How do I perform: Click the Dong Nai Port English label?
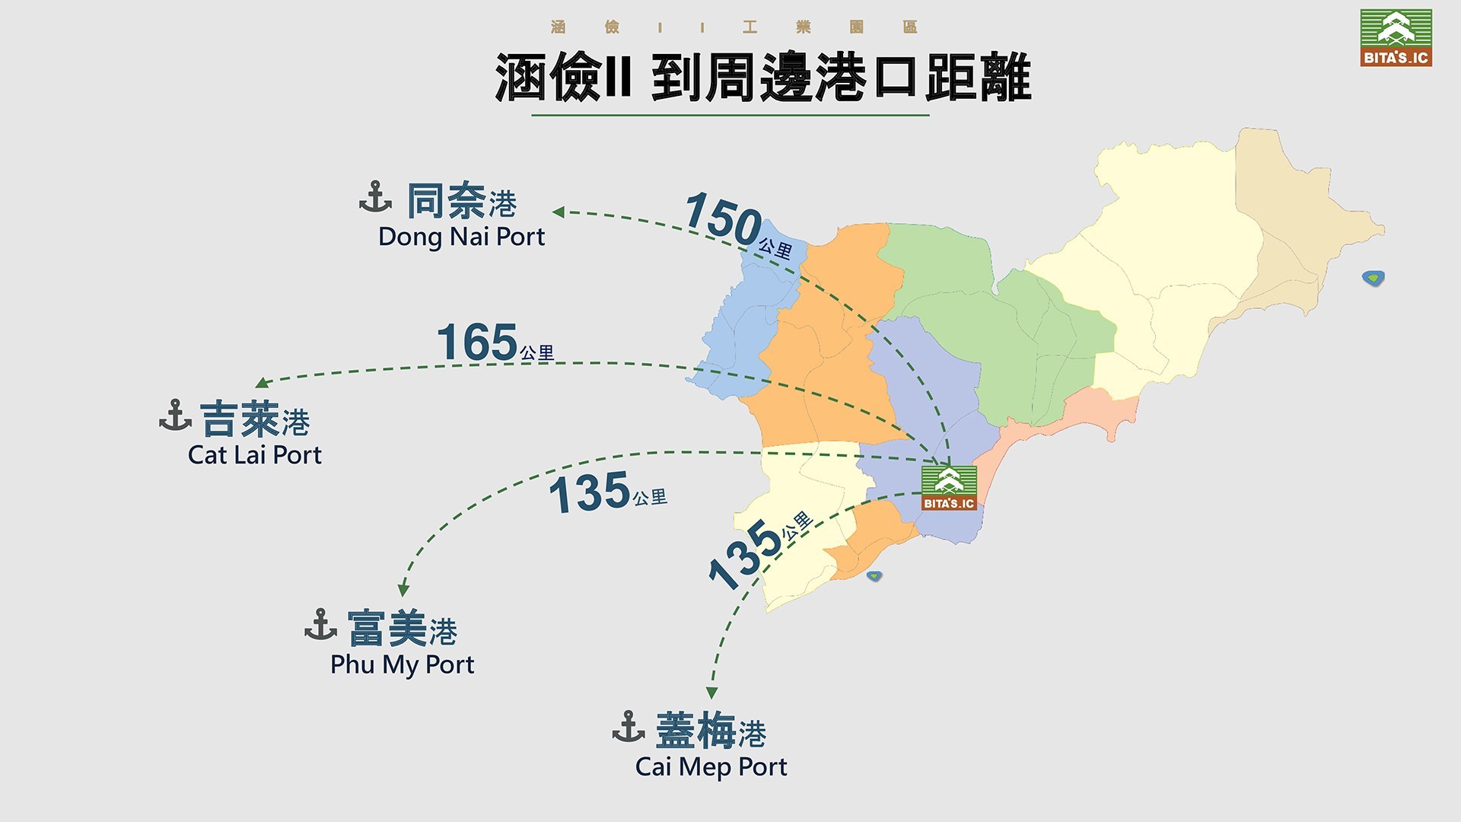click(x=461, y=237)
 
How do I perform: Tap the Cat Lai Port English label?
click(x=255, y=455)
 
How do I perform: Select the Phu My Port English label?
click(x=402, y=664)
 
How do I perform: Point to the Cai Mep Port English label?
click(x=711, y=766)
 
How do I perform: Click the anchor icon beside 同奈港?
click(x=375, y=197)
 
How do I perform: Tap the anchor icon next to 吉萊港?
click(x=175, y=416)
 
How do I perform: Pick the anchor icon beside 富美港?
click(x=320, y=625)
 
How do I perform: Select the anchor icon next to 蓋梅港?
click(x=629, y=727)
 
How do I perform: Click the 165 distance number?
click(x=477, y=342)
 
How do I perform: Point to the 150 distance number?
click(x=723, y=218)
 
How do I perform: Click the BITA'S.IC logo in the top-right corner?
click(x=1396, y=37)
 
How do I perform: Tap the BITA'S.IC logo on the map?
click(x=949, y=488)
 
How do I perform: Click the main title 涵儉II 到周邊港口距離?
click(x=762, y=78)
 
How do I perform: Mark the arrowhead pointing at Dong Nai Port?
click(x=559, y=212)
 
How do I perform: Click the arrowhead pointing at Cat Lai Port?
click(x=263, y=382)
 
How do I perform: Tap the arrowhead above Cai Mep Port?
click(x=711, y=693)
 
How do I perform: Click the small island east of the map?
click(x=1373, y=278)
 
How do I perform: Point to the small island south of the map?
click(x=874, y=576)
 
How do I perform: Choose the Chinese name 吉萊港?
click(x=255, y=420)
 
